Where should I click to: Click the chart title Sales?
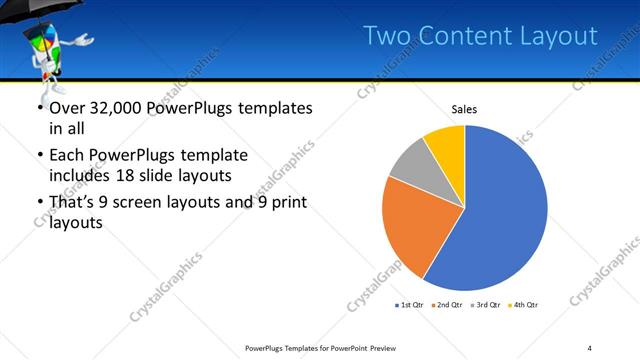point(464,108)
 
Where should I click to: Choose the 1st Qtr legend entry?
point(411,304)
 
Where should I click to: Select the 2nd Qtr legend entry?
point(449,304)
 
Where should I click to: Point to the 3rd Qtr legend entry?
point(487,304)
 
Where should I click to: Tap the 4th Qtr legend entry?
point(525,304)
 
